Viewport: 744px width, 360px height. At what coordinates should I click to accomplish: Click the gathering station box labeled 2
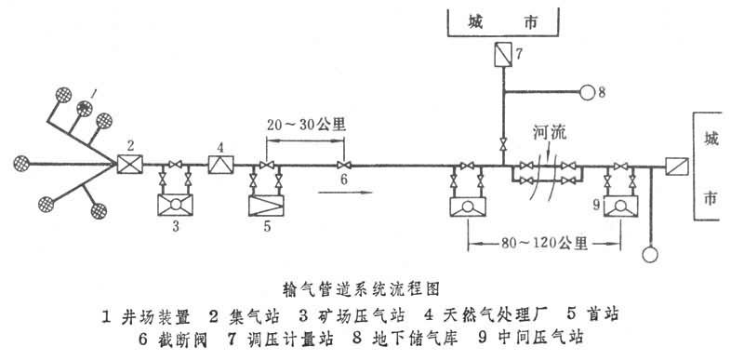pyautogui.click(x=126, y=166)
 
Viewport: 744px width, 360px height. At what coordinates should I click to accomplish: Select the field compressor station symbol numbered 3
pyautogui.click(x=176, y=203)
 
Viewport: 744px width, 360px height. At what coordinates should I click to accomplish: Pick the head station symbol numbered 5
pyautogui.click(x=269, y=203)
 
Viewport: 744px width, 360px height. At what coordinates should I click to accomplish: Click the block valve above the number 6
pyautogui.click(x=343, y=166)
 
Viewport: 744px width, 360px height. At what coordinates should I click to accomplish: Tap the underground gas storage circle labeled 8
pyautogui.click(x=586, y=91)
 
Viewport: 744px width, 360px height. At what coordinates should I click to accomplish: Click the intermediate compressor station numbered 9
pyautogui.click(x=618, y=205)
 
